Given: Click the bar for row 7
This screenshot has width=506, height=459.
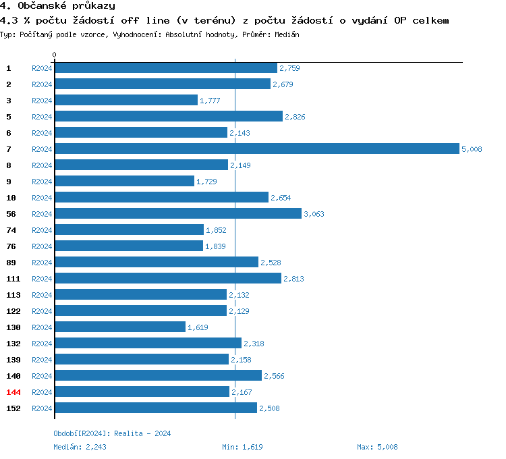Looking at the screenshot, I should point(256,148).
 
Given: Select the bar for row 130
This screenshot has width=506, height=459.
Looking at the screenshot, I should point(120,327).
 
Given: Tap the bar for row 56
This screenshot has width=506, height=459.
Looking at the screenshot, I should point(178,213).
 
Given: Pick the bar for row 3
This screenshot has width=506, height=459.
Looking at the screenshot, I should point(126,100).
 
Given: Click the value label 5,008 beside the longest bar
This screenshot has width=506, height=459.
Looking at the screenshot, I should point(472,149).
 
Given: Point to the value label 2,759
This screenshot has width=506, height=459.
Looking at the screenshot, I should point(289,68).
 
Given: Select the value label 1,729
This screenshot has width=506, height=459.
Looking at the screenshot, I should point(206,182).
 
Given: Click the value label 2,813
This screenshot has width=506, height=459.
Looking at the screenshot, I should point(293,279).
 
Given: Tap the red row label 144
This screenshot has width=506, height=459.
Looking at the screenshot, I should point(13,392).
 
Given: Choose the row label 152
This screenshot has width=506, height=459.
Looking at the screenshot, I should point(13,408).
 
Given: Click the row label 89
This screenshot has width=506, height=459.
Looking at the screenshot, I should point(11,263).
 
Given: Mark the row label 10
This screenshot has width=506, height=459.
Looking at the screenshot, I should point(11,198).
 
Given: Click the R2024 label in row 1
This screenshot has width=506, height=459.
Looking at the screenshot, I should point(42,68).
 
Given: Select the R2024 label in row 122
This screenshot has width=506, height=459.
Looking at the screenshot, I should point(42,311).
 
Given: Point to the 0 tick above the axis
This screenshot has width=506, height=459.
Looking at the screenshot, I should point(55,55).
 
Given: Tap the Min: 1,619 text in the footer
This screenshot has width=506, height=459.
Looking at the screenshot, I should point(242,447).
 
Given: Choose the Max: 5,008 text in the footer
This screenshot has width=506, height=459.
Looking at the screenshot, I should point(377,447).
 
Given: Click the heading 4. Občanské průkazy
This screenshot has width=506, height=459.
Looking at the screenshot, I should point(57,6).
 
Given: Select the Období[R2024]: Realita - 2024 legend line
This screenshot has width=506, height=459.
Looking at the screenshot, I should point(112,433).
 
